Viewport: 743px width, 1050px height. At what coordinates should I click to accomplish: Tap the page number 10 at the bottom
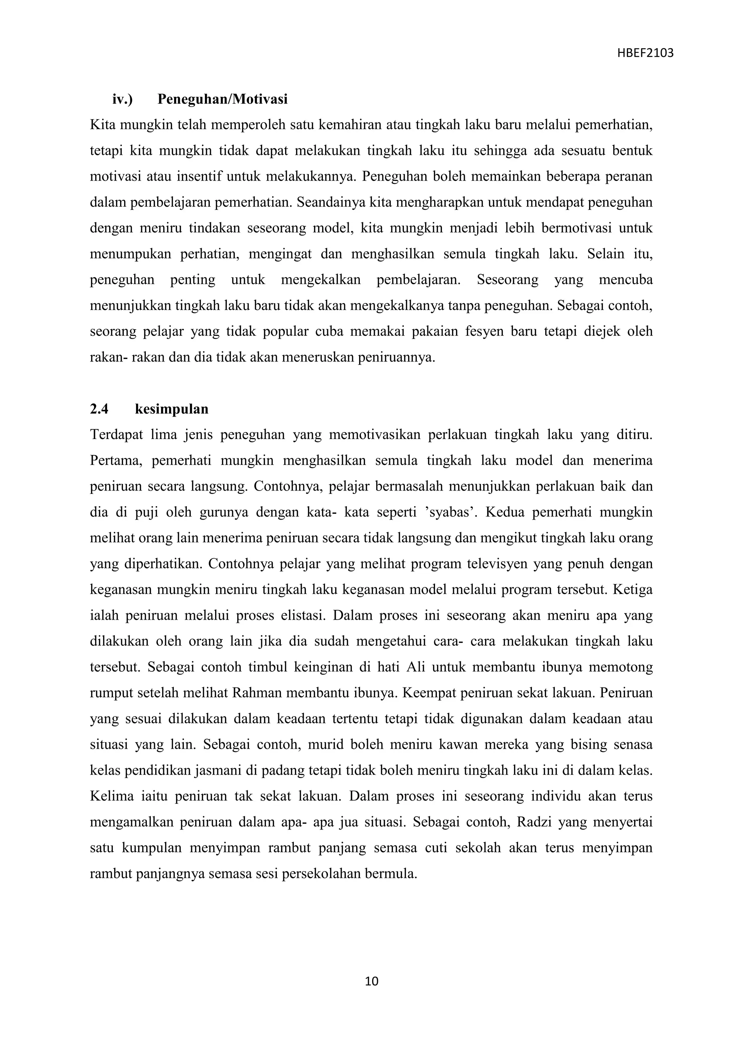coord(371,981)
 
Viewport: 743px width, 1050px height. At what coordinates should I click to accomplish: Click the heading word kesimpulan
coord(172,409)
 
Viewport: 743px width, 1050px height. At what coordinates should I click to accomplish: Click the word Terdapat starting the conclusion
coord(117,434)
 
